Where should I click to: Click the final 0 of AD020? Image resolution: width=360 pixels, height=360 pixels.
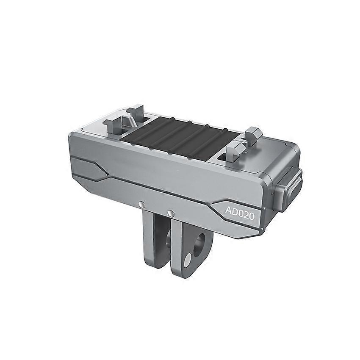point(251,216)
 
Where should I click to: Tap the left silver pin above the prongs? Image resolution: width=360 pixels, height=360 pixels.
point(142,204)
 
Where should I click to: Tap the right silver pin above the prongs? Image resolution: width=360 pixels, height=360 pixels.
point(170,213)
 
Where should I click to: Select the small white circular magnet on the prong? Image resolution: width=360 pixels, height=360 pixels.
point(188,260)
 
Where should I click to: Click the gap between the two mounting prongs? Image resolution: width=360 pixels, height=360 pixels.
point(164,246)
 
